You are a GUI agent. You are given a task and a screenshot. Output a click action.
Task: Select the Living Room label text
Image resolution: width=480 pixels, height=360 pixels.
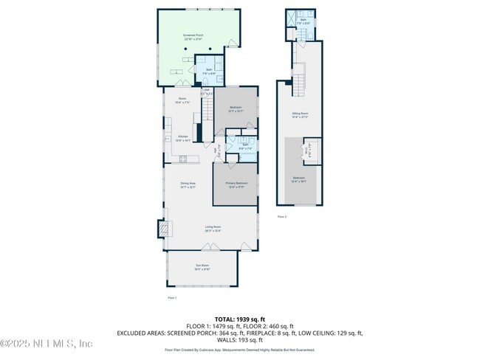tap(213, 229)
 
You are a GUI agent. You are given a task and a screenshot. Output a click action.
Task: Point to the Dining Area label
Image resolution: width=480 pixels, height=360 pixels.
tap(188, 185)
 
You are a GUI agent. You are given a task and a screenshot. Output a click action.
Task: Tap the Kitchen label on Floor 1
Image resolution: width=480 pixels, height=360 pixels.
tap(183, 138)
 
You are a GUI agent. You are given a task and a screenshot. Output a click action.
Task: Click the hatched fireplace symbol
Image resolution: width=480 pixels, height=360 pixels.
tap(161, 231)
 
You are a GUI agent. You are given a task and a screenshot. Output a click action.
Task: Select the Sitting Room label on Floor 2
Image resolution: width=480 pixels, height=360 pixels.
tap(300, 114)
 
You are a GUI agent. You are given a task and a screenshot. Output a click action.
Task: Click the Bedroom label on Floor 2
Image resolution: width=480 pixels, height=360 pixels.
tap(298, 179)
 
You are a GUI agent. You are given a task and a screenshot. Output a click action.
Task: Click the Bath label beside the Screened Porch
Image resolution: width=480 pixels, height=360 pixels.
tap(209, 72)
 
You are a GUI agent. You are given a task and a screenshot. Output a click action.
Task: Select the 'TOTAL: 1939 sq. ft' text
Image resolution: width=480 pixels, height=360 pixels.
tap(240, 318)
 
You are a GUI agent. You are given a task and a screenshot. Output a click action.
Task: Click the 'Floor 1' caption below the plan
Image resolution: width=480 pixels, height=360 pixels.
tap(172, 297)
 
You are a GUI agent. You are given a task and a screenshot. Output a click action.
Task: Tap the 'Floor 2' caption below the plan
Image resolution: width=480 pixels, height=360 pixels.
tap(281, 217)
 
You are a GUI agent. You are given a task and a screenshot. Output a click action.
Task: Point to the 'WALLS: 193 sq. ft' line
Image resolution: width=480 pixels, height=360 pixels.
tap(240, 340)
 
